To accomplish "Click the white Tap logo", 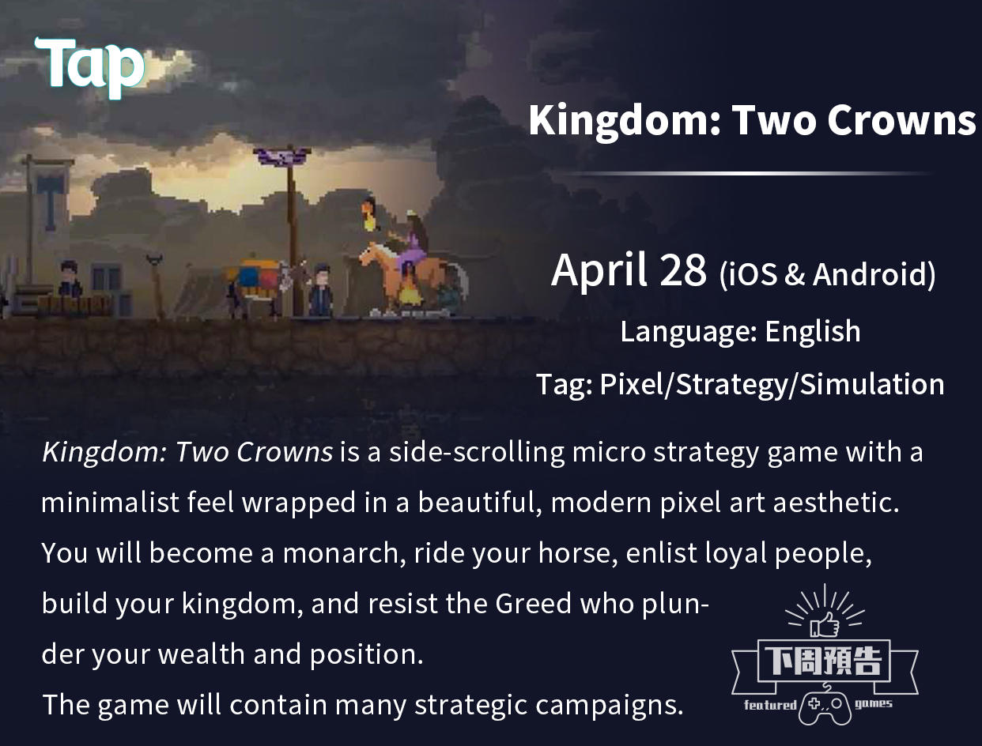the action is pyautogui.click(x=89, y=68).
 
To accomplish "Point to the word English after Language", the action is pyautogui.click(x=813, y=332).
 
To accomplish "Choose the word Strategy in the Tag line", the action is pyautogui.click(x=731, y=385).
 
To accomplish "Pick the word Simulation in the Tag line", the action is pyautogui.click(x=872, y=384).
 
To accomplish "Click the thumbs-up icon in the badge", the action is pyautogui.click(x=825, y=625).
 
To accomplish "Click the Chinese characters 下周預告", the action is pyautogui.click(x=824, y=661).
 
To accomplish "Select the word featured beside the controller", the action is pyautogui.click(x=770, y=705).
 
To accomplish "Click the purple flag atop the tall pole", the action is pyautogui.click(x=282, y=156).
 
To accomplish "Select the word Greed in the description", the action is pyautogui.click(x=533, y=604).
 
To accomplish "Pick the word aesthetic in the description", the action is pyautogui.click(x=837, y=503).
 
